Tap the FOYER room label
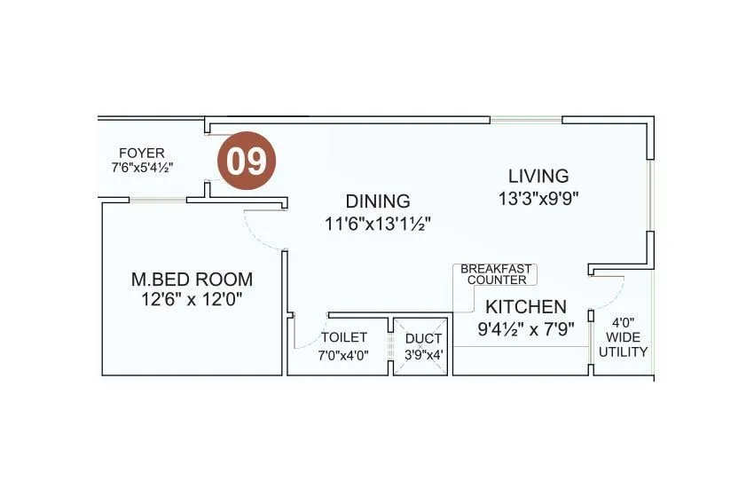[x=141, y=153]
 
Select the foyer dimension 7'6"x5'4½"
[x=141, y=167]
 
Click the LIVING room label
[x=538, y=176]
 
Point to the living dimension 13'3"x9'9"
[x=538, y=198]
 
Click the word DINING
[x=378, y=201]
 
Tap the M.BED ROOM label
[x=192, y=279]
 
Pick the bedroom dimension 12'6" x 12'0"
[x=192, y=300]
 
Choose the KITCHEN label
[x=525, y=307]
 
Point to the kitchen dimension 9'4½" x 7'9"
[x=525, y=328]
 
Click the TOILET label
[x=343, y=338]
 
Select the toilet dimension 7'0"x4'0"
[x=343, y=355]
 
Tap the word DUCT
[x=423, y=338]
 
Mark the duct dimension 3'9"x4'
[x=423, y=355]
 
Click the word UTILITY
[x=624, y=352]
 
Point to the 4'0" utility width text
[x=624, y=323]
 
